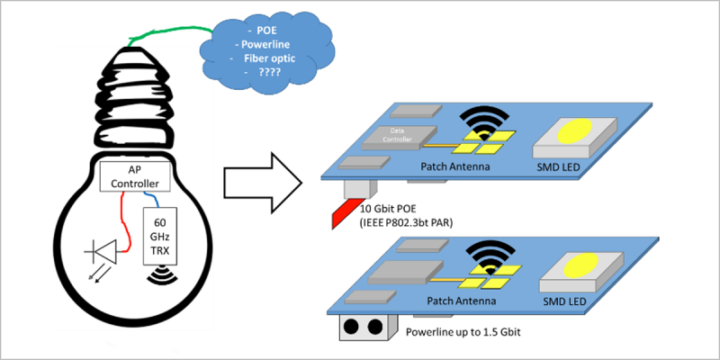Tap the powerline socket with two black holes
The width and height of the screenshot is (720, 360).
point(364,327)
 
